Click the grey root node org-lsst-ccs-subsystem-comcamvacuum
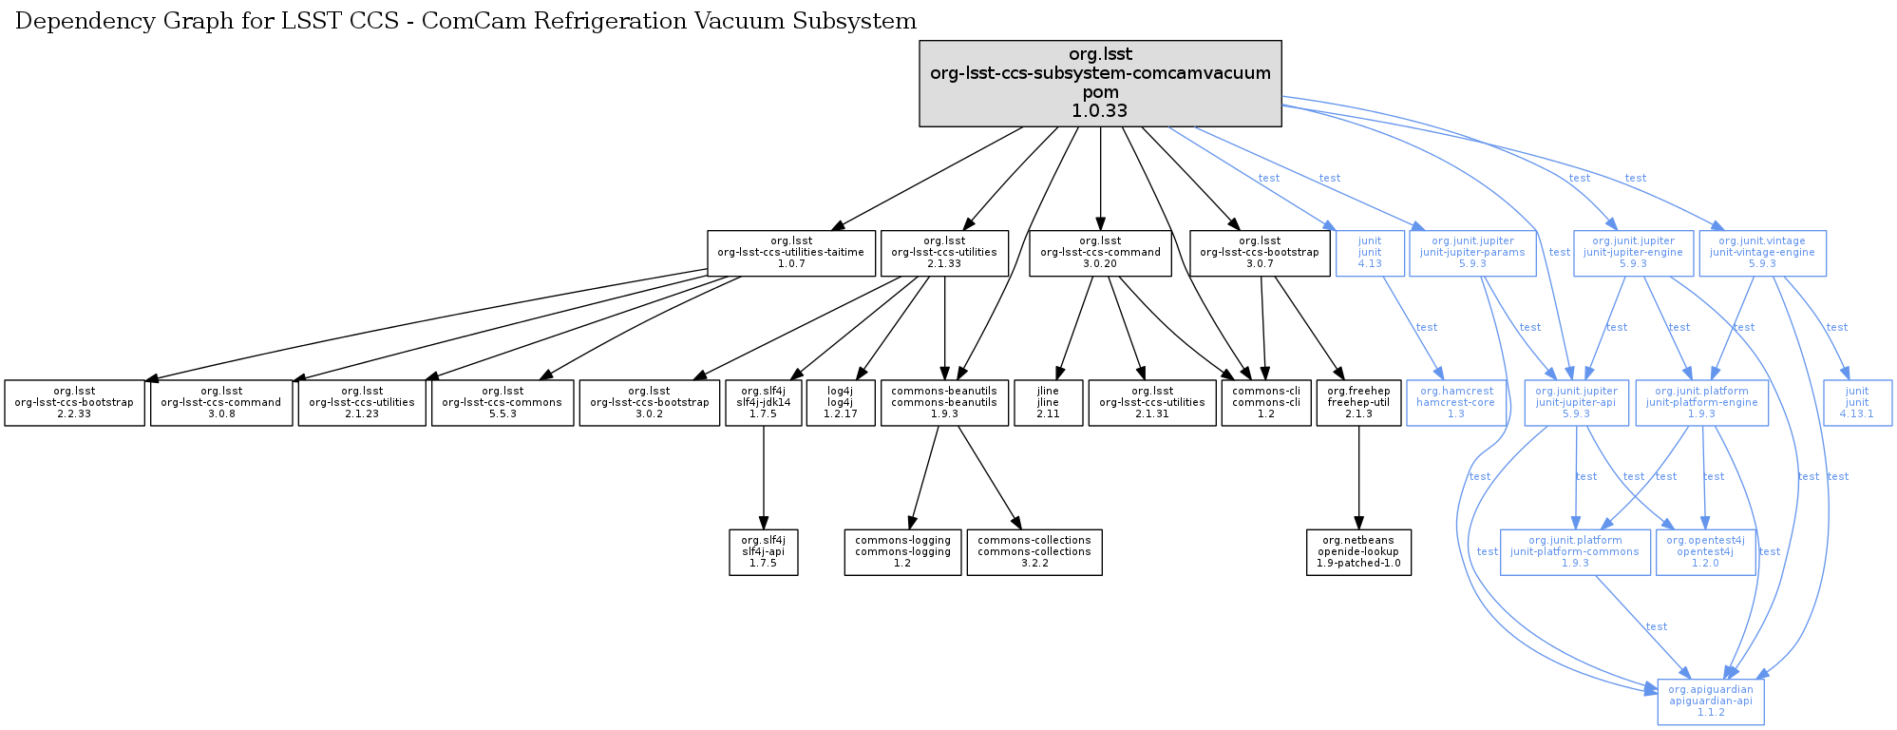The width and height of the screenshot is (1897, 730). click(1100, 83)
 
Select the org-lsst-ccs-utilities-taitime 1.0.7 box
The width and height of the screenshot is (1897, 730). click(790, 253)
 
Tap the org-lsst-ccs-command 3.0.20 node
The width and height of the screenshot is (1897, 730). click(1100, 253)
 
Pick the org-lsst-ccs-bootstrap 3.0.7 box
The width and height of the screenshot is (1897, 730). click(1260, 253)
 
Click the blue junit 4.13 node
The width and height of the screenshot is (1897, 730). click(1369, 253)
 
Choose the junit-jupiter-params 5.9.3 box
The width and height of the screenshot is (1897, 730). click(1472, 253)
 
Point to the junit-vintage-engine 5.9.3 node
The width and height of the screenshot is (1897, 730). click(1762, 253)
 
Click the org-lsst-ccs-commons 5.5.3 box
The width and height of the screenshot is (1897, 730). click(502, 403)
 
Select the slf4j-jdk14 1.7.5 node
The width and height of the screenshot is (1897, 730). click(763, 403)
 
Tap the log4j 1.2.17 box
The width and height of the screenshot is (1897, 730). click(840, 403)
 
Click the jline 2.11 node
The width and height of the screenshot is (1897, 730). click(1048, 403)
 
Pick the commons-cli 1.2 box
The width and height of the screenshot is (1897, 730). click(1265, 403)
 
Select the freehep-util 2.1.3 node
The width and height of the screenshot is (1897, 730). click(1358, 403)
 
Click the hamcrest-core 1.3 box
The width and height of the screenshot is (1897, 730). click(1455, 403)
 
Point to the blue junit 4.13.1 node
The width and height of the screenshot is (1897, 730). click(1857, 403)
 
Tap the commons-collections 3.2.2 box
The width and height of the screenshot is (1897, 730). click(1034, 552)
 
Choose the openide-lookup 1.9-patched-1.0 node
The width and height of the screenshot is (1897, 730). click(1358, 552)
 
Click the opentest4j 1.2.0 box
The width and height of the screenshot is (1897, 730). click(1705, 552)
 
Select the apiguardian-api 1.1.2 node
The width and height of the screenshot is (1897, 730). click(1710, 701)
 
